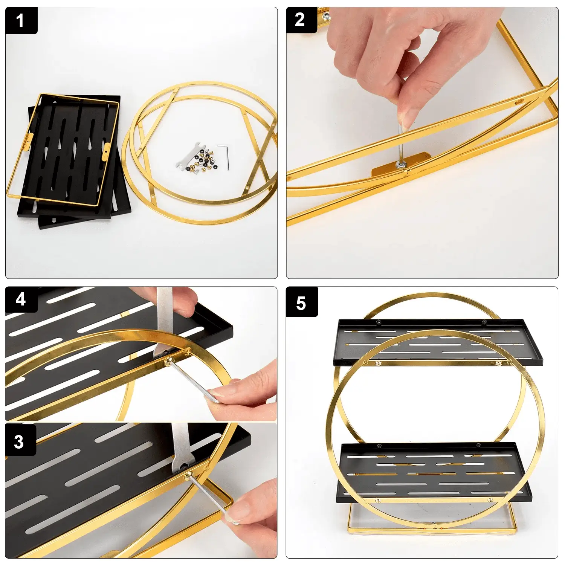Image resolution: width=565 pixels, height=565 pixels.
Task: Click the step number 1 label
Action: [x=21, y=21]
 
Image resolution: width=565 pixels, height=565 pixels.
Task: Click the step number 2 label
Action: [x=301, y=20]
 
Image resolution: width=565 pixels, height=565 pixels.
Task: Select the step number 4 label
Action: [x=21, y=299]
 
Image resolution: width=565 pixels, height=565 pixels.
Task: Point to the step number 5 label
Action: [x=301, y=302]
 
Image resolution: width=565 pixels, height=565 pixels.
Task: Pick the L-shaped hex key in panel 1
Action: [x=224, y=156]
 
